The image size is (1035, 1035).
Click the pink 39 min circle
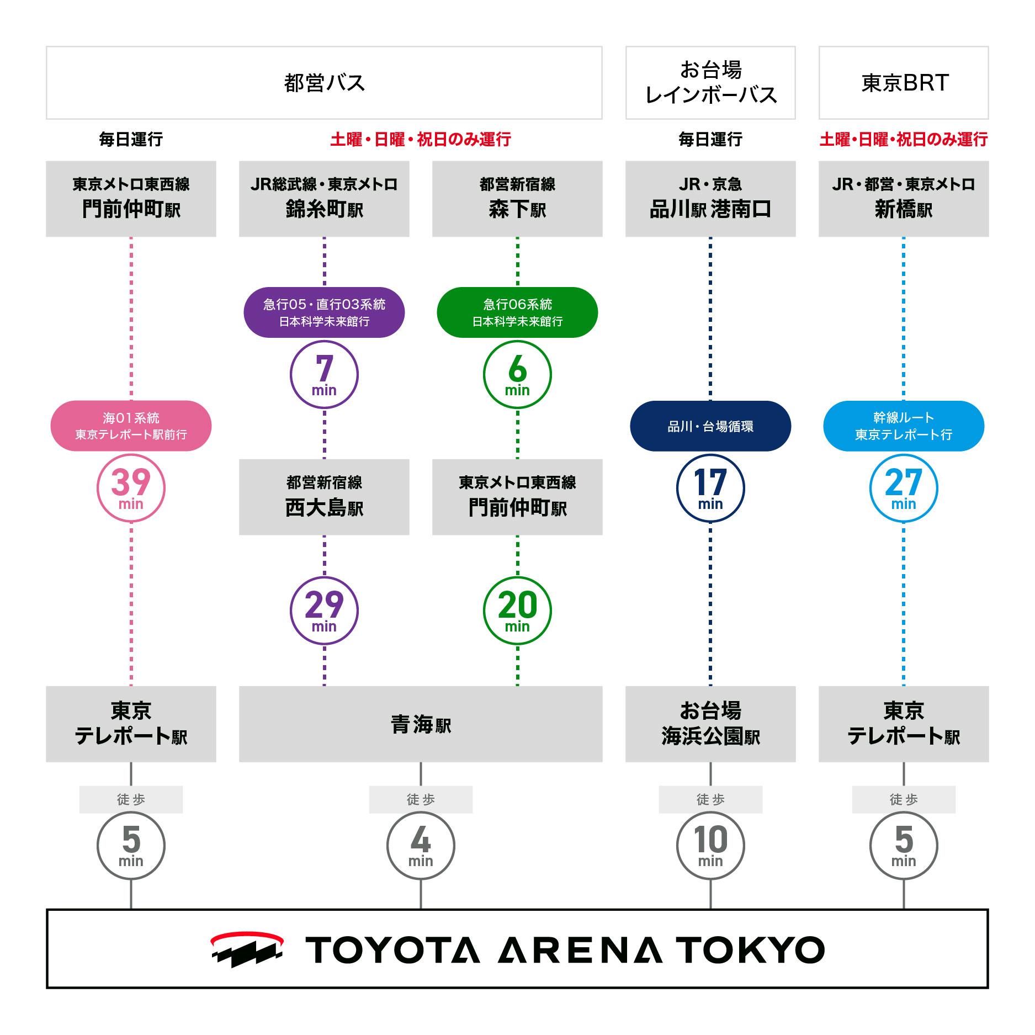(131, 488)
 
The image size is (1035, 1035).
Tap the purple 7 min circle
(324, 374)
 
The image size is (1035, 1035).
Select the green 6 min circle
(517, 374)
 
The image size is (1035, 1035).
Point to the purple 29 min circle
(324, 611)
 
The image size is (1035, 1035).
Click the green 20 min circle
(517, 611)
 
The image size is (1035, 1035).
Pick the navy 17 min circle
(710, 488)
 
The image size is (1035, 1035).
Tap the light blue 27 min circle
(904, 488)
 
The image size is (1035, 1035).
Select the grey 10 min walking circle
(710, 845)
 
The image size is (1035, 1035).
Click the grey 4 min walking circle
(421, 845)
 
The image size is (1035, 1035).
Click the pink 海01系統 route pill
(131, 426)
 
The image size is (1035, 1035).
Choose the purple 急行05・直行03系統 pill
(324, 312)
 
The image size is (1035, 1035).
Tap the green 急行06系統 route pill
(517, 312)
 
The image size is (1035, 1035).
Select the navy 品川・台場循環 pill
(710, 426)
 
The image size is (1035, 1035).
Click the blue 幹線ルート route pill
(904, 426)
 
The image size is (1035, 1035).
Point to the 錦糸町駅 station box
(324, 199)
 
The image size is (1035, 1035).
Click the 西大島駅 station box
(324, 497)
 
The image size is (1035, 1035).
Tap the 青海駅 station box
(421, 724)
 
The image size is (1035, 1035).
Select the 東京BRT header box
(904, 83)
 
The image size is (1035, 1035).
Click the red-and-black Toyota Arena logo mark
(247, 949)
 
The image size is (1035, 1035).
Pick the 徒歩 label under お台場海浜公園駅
(710, 799)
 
